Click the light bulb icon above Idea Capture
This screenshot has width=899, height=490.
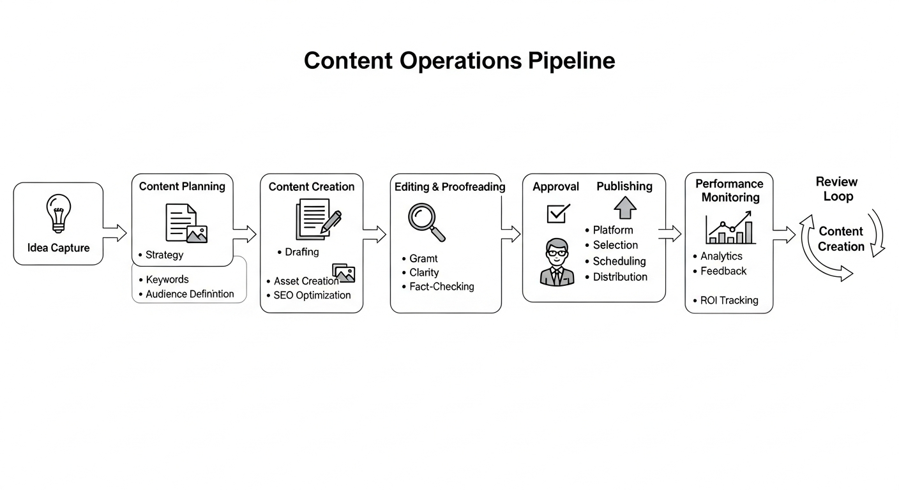(x=58, y=213)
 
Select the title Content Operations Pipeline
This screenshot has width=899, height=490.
(x=459, y=61)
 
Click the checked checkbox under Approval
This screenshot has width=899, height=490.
(x=557, y=213)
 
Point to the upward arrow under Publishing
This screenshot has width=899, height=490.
(x=624, y=207)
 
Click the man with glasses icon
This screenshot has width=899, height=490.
(x=557, y=262)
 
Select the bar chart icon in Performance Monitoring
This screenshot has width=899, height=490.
(x=730, y=230)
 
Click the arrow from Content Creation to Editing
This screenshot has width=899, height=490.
(x=375, y=234)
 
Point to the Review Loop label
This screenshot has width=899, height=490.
(x=837, y=189)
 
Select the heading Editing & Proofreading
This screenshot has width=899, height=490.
(x=450, y=187)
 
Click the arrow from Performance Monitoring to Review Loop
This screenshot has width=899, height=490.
(x=784, y=234)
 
